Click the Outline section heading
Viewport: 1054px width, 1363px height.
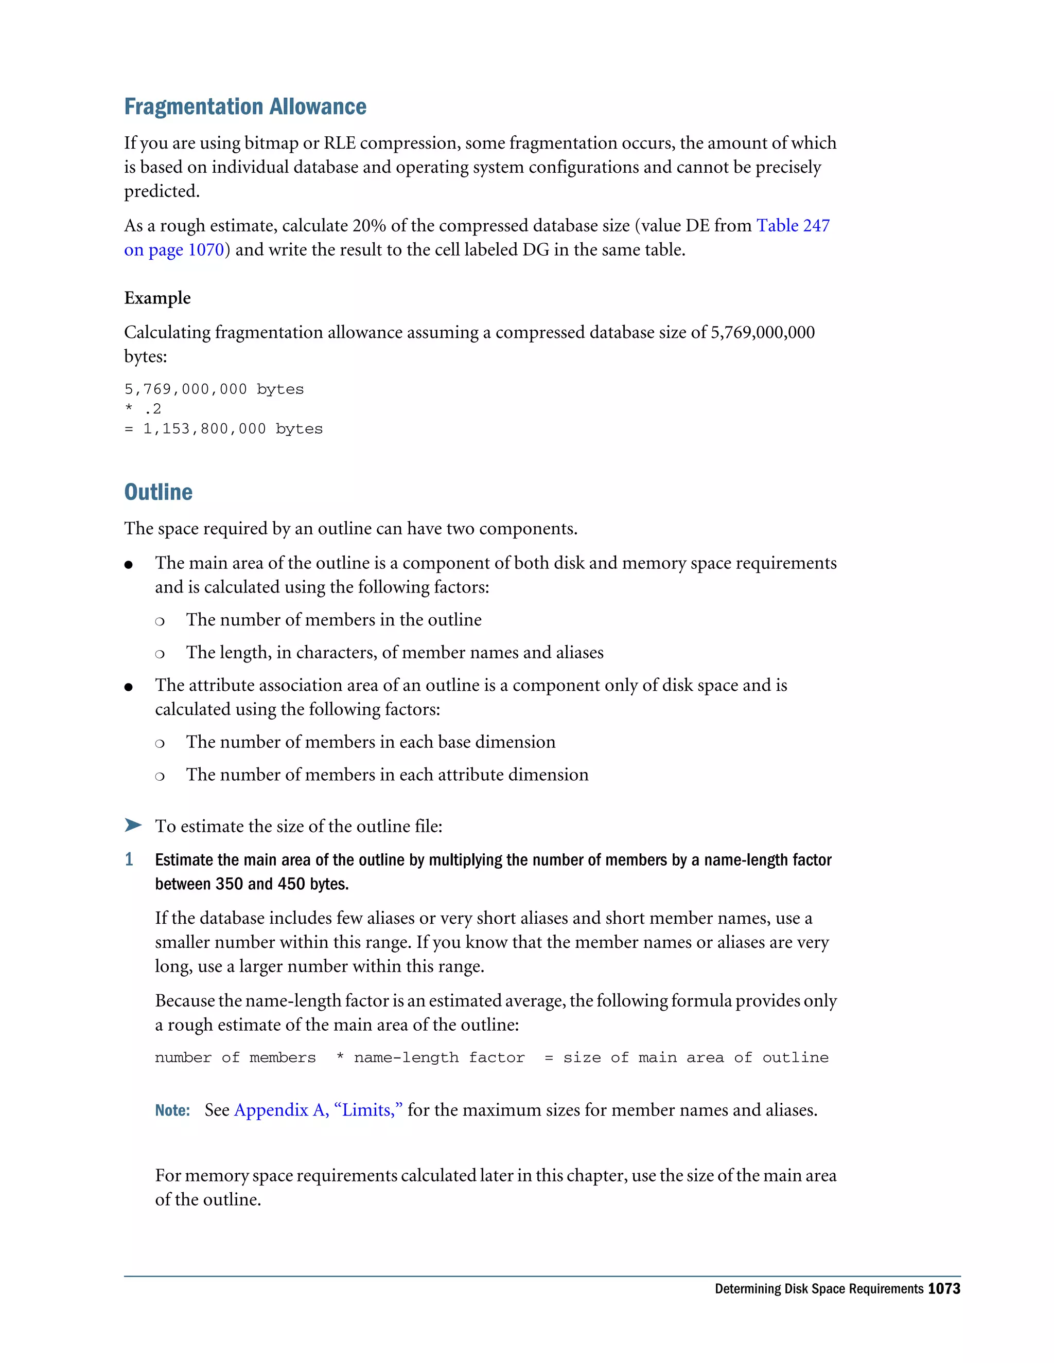pyautogui.click(x=158, y=492)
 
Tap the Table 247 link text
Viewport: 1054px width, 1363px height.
pyautogui.click(x=793, y=225)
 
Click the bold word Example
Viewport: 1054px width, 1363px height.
pyautogui.click(x=157, y=298)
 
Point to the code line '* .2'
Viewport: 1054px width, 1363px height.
pyautogui.click(x=143, y=409)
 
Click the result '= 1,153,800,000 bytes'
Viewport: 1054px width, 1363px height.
pyautogui.click(x=223, y=429)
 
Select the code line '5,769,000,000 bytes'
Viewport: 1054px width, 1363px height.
pyautogui.click(x=214, y=389)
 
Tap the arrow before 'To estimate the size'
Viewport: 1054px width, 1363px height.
pyautogui.click(x=132, y=825)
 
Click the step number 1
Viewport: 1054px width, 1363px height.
pyautogui.click(x=129, y=859)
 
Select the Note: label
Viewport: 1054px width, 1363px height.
pyautogui.click(x=172, y=1110)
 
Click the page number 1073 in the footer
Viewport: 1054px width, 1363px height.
pyautogui.click(x=943, y=1289)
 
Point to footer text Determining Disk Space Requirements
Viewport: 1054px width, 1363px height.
pyautogui.click(x=819, y=1289)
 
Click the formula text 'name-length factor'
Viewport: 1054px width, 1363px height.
pyautogui.click(x=439, y=1057)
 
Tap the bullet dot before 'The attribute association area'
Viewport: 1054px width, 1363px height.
pyautogui.click(x=129, y=687)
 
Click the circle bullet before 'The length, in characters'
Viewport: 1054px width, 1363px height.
pyautogui.click(x=160, y=653)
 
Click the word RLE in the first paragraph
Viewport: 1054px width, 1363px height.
pyautogui.click(x=339, y=143)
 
